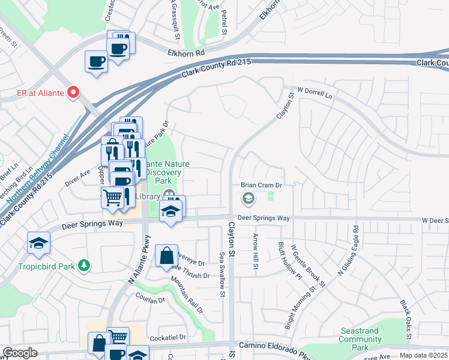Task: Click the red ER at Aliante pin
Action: point(73,92)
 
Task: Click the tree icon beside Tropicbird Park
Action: point(85,265)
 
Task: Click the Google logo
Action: point(20,353)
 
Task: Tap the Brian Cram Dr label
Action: point(261,185)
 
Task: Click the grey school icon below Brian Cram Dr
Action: point(247,197)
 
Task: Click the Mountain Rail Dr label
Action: point(187,293)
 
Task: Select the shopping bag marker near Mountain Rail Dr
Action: point(166,256)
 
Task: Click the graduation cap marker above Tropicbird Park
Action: point(38,243)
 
